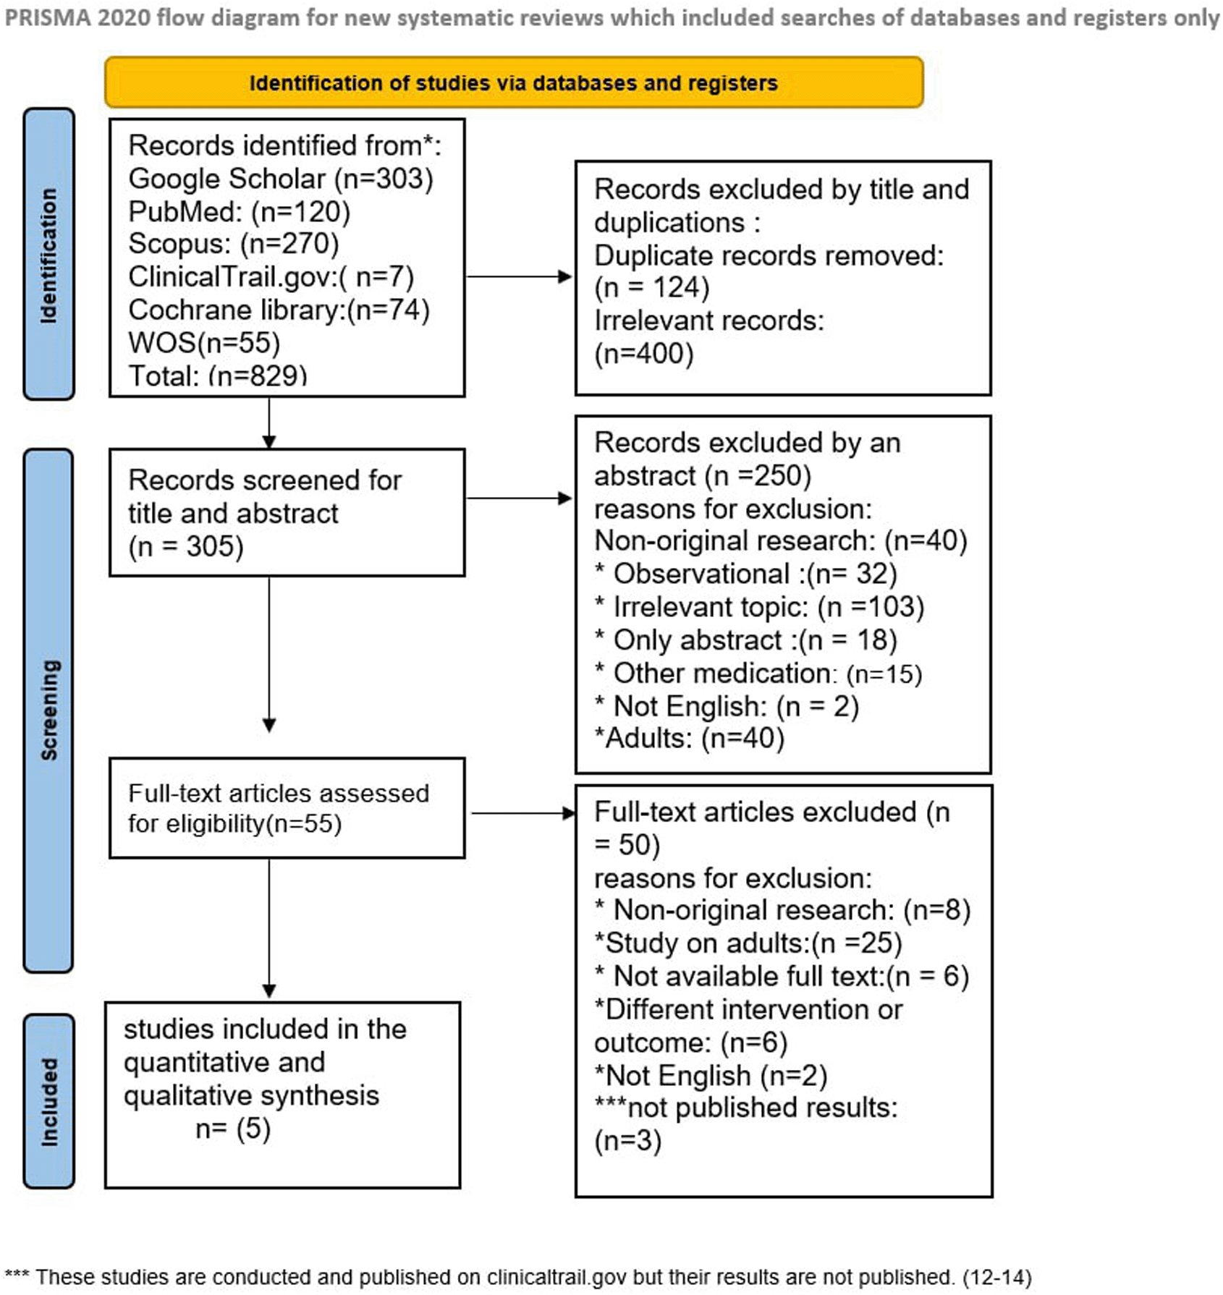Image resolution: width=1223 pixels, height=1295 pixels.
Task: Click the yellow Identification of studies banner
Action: [514, 82]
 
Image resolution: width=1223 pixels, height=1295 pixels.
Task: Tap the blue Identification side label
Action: [48, 254]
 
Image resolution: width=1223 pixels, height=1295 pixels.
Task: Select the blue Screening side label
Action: [48, 710]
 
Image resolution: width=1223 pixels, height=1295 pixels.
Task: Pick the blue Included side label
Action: [48, 1101]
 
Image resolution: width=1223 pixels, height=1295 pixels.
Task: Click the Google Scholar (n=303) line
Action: [281, 179]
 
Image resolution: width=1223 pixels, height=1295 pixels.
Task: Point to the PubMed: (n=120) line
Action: [240, 212]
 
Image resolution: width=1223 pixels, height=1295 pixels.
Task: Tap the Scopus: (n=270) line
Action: [234, 244]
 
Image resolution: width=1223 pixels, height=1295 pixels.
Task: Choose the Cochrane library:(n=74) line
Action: [279, 310]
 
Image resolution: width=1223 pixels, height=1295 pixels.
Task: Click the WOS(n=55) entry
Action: [204, 343]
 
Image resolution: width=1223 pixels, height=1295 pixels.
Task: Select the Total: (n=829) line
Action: [218, 375]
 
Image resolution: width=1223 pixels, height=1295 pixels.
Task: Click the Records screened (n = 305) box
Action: [287, 513]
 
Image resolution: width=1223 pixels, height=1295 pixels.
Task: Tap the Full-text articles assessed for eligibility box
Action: [287, 808]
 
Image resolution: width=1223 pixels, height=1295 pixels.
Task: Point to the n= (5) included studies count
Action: [233, 1129]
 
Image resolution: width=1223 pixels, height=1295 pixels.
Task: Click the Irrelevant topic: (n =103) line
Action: [760, 607]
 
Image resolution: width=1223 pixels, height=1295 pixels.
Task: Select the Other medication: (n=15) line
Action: [758, 674]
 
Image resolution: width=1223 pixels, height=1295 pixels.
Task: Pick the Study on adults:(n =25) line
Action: [748, 943]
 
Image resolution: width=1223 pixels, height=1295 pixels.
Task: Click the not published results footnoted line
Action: [746, 1124]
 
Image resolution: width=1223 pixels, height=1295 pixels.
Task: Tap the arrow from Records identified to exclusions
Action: [520, 276]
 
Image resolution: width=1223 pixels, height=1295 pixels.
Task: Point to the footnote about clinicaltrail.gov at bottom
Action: [518, 1278]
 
